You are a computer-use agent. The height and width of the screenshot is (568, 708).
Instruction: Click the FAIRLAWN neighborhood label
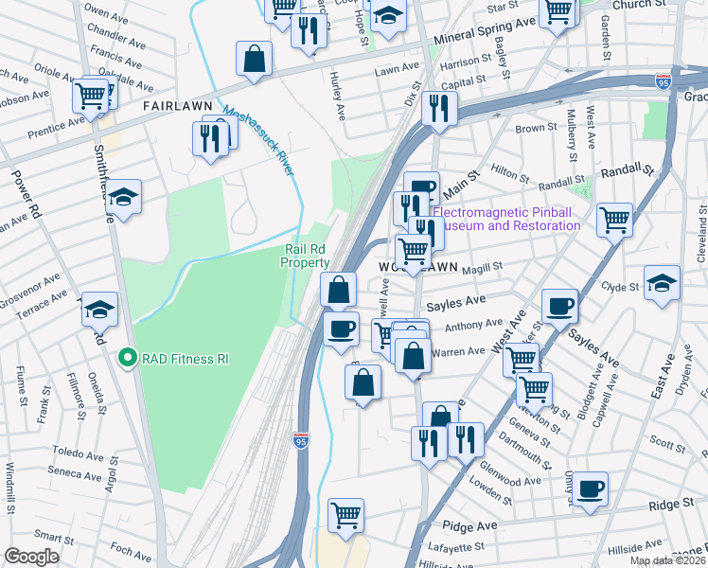175,108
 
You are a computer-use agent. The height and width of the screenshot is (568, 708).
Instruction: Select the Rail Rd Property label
306,257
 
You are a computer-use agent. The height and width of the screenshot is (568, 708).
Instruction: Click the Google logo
31,557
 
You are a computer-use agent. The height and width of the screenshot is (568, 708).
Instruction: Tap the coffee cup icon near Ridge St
591,488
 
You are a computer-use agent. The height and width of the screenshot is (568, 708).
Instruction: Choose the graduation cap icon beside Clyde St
662,282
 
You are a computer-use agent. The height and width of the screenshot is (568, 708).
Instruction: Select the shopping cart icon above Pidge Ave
345,515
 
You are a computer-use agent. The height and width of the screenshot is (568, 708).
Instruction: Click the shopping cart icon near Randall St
615,221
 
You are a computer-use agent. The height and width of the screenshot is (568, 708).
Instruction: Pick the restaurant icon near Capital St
437,108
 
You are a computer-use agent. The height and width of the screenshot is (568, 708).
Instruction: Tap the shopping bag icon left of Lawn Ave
255,59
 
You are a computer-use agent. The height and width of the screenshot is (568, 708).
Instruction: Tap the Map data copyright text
667,560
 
